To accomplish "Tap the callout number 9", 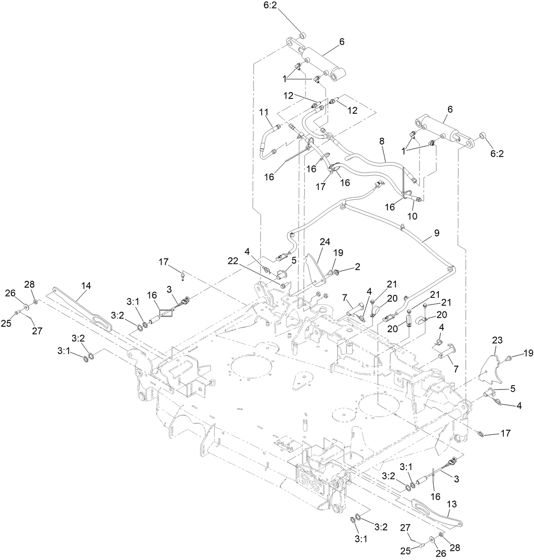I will pyautogui.click(x=437, y=233).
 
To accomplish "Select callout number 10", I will pyautogui.click(x=412, y=216).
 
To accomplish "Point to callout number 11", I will pyautogui.click(x=264, y=112).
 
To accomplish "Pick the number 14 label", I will pyautogui.click(x=86, y=286).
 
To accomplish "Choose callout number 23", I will pyautogui.click(x=497, y=340).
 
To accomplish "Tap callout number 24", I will pyautogui.click(x=325, y=242).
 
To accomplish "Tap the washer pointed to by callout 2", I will pyautogui.click(x=336, y=271).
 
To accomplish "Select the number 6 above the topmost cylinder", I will pyautogui.click(x=342, y=42).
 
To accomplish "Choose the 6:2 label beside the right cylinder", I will pyautogui.click(x=497, y=154).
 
